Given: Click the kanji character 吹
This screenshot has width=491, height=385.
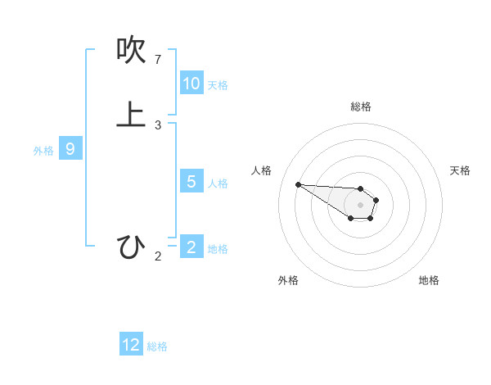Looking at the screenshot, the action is tap(131, 51).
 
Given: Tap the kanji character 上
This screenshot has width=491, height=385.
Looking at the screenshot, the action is tap(131, 115).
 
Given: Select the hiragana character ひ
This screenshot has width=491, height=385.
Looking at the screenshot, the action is tap(131, 246).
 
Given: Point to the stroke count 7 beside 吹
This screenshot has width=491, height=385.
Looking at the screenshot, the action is tap(158, 60).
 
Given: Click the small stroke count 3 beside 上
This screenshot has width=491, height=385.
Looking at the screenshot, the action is tap(158, 125).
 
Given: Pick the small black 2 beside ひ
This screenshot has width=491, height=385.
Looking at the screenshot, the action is tap(158, 256).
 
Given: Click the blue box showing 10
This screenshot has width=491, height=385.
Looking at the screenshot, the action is tap(191, 84).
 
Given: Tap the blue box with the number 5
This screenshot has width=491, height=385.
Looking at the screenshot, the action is tap(191, 182).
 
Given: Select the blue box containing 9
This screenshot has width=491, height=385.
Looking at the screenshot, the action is tap(70, 149).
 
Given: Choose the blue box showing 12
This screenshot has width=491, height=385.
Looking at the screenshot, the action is tap(131, 345).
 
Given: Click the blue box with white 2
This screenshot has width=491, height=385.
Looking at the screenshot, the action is tap(191, 247).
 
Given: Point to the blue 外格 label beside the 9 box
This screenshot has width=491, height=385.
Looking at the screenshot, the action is tap(43, 151).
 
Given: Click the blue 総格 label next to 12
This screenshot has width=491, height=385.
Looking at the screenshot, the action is tap(157, 346).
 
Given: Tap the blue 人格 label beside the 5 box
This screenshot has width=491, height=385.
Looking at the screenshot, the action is tap(218, 183).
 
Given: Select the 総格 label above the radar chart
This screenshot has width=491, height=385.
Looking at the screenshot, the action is tap(361, 106).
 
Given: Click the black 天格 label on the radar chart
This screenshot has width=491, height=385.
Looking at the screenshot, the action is tap(460, 170).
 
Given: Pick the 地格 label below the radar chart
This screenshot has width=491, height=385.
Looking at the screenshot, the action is tap(429, 280).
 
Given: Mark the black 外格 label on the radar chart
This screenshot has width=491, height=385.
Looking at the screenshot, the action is tap(288, 280).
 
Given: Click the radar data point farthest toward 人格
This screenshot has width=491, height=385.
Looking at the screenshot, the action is tap(298, 184).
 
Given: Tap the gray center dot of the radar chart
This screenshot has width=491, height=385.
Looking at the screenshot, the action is tap(360, 205).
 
